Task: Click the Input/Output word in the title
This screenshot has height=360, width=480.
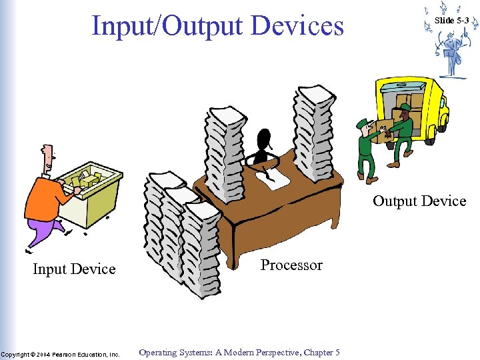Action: pos(168,26)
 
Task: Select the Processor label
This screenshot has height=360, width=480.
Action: pos(291,265)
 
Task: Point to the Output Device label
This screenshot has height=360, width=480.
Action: pos(419,201)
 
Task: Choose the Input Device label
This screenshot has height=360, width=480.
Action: pos(74,269)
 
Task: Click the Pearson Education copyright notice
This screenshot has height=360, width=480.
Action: pos(60,354)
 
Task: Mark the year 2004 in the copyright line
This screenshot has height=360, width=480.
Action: pos(45,354)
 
